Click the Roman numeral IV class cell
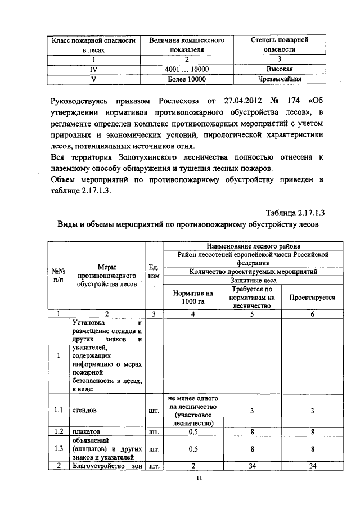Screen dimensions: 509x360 [94, 69]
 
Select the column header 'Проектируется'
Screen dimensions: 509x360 [312, 298]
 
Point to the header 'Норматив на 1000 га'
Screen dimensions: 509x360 [192, 298]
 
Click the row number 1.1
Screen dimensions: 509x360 [57, 411]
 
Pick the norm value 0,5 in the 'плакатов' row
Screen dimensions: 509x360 [192, 432]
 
